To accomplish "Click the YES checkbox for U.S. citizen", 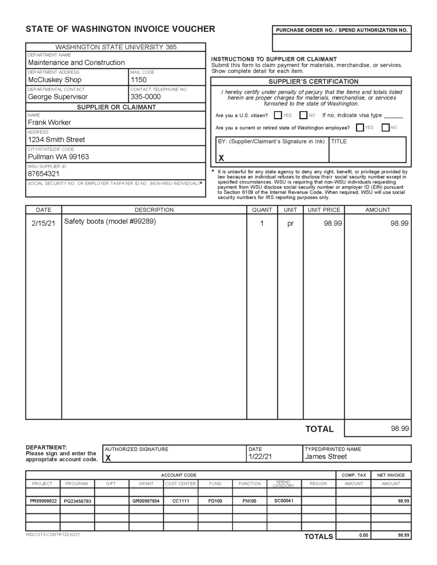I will (x=278, y=116).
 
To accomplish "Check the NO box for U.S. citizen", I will (x=303, y=116).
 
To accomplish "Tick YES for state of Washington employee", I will (x=360, y=128).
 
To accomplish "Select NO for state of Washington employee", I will (x=385, y=128).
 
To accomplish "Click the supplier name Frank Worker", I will (x=49, y=123).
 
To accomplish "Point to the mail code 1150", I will (x=139, y=80).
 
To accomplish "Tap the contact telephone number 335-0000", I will (x=146, y=97).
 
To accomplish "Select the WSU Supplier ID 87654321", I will (x=44, y=174).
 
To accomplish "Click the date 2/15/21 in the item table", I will (x=43, y=223).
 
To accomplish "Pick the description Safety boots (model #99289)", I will (x=110, y=221).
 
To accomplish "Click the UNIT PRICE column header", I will (x=324, y=210).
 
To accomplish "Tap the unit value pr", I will (x=290, y=224).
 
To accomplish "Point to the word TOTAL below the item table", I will (x=319, y=429).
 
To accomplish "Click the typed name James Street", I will (x=326, y=457).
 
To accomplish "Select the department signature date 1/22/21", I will (x=260, y=457).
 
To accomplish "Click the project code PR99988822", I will (x=43, y=501).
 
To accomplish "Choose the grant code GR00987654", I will (x=146, y=501).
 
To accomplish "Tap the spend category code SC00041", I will (x=284, y=501).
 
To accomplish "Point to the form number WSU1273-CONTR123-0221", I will (x=53, y=535).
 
